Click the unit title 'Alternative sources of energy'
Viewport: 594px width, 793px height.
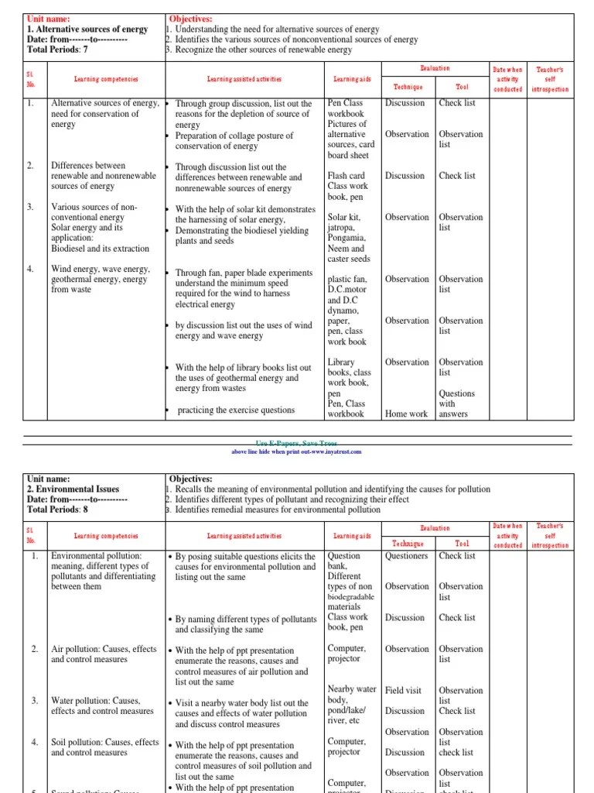[x=87, y=29]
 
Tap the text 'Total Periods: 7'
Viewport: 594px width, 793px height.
[x=58, y=50]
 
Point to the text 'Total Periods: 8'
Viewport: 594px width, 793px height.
[x=58, y=510]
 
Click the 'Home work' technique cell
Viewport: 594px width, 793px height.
[x=406, y=414]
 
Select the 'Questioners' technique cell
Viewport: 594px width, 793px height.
[x=406, y=556]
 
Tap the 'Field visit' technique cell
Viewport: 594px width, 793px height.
[x=405, y=690]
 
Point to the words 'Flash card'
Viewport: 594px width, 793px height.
[x=345, y=176]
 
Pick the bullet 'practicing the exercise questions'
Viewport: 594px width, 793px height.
[x=225, y=410]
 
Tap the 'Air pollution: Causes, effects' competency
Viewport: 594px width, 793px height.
[x=104, y=649]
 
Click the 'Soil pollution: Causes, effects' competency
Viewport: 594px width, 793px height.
[x=104, y=742]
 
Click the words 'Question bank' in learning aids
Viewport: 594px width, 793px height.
[x=343, y=561]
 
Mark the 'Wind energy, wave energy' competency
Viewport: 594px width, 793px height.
[x=100, y=269]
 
